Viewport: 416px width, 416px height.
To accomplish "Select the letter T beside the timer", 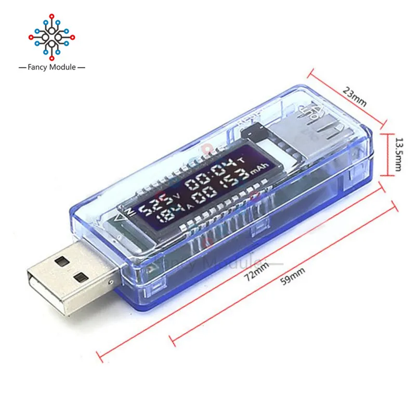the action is click(x=240, y=161).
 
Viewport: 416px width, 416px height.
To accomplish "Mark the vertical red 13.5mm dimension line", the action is click(x=387, y=155).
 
